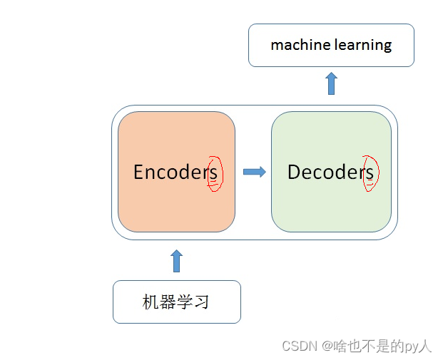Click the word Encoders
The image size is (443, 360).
point(175,172)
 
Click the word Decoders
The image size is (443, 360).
point(330,172)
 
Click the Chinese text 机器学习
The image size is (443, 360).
point(176,302)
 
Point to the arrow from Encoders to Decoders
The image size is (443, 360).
point(254,172)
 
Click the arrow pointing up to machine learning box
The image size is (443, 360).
point(331,83)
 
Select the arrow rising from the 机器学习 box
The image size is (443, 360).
point(177,261)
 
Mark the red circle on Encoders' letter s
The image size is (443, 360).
point(215,173)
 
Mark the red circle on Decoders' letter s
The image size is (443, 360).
point(370,173)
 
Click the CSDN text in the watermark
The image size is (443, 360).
point(299,346)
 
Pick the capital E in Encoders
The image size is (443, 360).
point(139,172)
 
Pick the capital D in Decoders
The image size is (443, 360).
point(294,172)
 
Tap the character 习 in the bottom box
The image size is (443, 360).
point(202,302)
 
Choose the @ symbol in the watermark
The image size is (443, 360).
point(327,346)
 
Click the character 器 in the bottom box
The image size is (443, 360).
point(168,302)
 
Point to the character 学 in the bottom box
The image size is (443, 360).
point(185,302)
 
